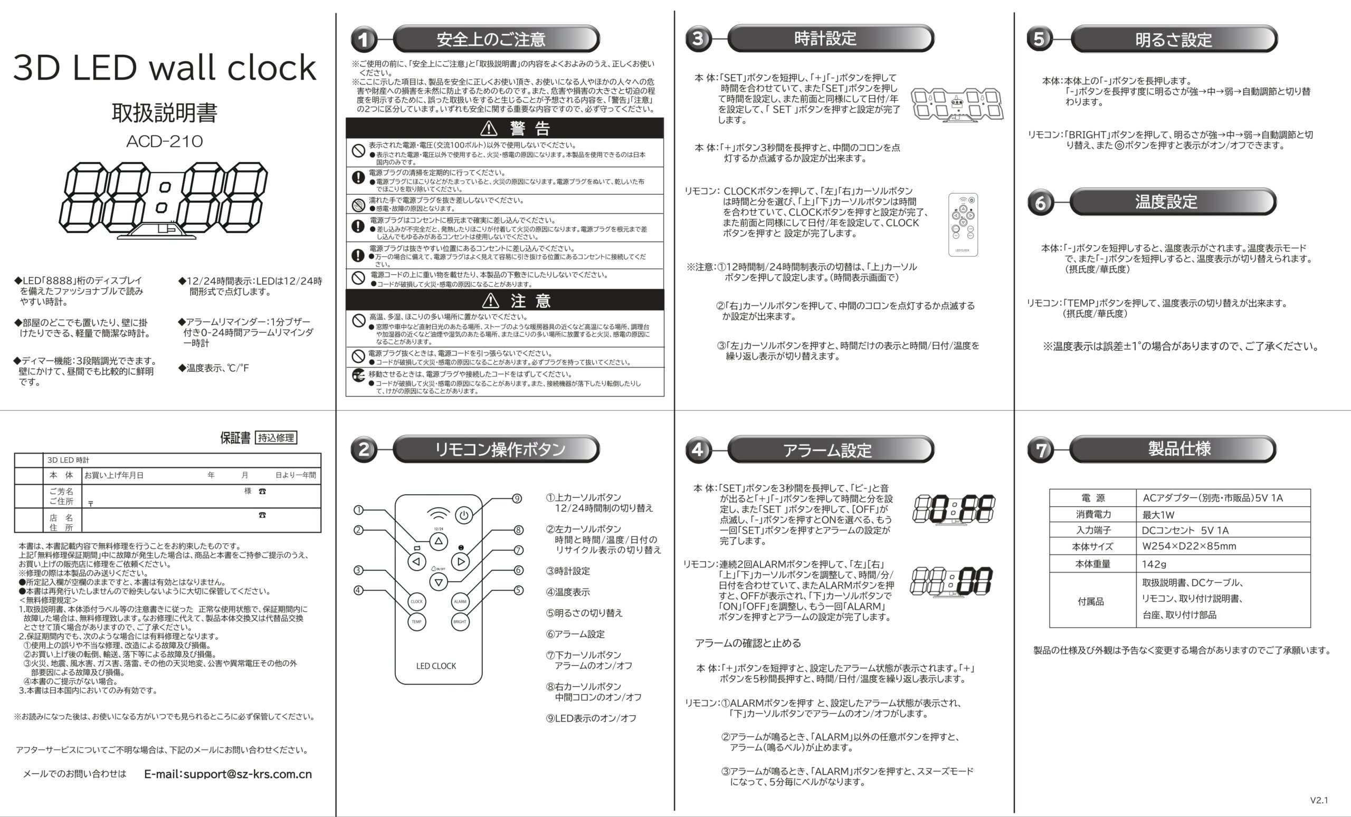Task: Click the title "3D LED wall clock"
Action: coord(165,68)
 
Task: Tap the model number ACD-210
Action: coord(165,141)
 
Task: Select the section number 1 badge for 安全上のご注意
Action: coord(364,40)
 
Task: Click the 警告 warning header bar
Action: coord(505,128)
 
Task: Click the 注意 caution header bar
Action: coord(505,300)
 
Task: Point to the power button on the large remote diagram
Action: coord(464,515)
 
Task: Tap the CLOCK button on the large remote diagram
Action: coord(417,601)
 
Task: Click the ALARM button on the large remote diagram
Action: coord(460,601)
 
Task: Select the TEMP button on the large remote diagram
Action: coord(417,621)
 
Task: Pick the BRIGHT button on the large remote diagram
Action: coord(460,621)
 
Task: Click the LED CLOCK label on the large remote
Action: coord(436,666)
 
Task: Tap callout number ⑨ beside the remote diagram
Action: coord(517,498)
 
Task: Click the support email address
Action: coord(227,774)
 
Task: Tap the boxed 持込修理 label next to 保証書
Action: coord(277,438)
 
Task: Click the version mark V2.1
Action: coord(1319,800)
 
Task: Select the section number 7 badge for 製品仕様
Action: coord(1040,450)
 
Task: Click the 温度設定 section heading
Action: coord(1166,201)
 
